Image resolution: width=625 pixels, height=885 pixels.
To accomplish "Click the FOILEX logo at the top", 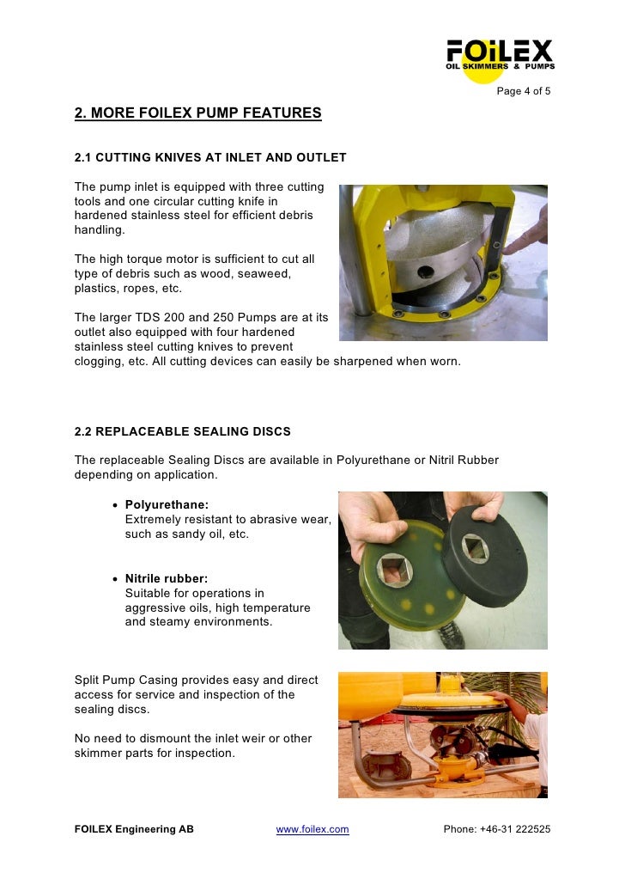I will click(x=499, y=54).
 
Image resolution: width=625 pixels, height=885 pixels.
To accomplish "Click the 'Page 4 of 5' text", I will click(x=524, y=93).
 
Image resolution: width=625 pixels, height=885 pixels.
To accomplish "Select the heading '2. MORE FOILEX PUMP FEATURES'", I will click(x=197, y=113).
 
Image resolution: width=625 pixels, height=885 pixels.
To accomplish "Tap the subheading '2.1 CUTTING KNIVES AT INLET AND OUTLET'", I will click(x=210, y=158).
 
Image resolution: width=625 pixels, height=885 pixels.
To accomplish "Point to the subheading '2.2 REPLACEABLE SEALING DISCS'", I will click(x=183, y=431).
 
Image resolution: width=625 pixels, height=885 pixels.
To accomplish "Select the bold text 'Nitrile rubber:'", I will click(x=167, y=579).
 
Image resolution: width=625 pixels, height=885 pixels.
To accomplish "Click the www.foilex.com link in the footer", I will click(x=312, y=829).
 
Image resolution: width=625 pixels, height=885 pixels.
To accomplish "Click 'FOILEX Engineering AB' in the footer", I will click(x=134, y=829).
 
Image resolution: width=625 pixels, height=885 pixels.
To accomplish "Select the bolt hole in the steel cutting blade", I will click(x=423, y=273).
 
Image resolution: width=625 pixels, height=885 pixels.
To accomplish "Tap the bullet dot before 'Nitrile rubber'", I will click(x=116, y=579).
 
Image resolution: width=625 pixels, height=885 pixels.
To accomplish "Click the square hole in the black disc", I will click(x=475, y=547).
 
